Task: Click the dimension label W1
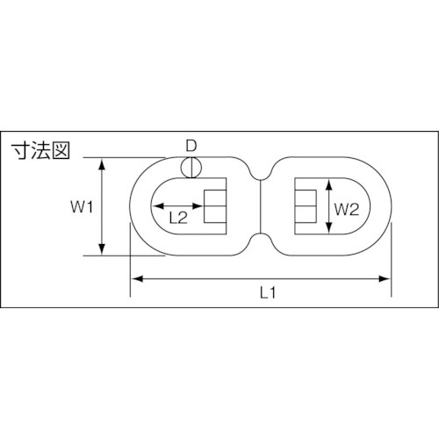(x=82, y=207)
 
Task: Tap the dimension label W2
(x=347, y=210)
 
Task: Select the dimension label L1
(x=268, y=292)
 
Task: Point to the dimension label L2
(x=178, y=218)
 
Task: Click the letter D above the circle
(x=191, y=146)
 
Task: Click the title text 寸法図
(x=40, y=151)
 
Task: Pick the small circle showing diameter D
(x=191, y=168)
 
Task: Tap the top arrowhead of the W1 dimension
(x=102, y=164)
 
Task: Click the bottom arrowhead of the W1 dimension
(x=102, y=249)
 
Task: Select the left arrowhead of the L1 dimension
(x=137, y=278)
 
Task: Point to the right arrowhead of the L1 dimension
(x=385, y=278)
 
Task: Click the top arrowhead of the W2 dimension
(x=329, y=184)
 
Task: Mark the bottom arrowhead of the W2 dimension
(x=329, y=227)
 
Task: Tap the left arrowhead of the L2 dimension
(x=158, y=206)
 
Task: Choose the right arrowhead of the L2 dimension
(x=198, y=206)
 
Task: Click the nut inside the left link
(x=215, y=206)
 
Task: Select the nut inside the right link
(x=306, y=206)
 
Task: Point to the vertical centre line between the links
(x=260, y=206)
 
